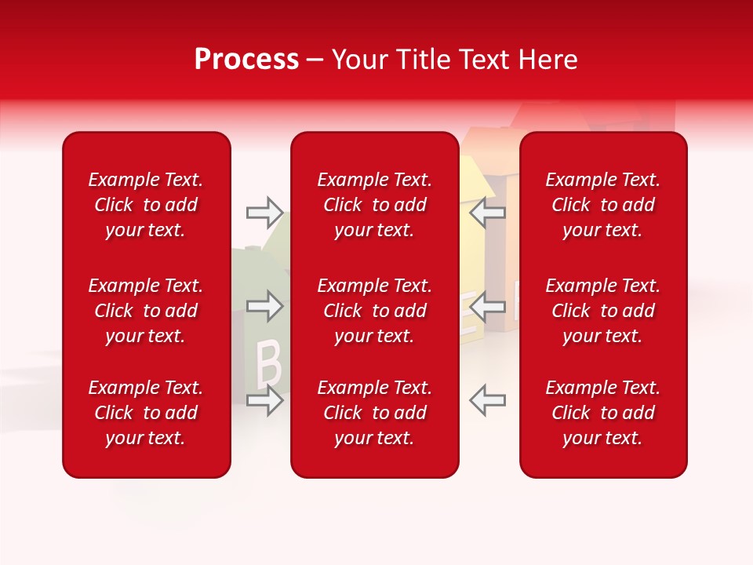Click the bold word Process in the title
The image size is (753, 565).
click(x=246, y=60)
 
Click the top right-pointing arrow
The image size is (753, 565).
click(x=264, y=211)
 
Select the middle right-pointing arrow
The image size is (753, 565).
click(x=264, y=305)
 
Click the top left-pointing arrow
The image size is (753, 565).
click(x=487, y=211)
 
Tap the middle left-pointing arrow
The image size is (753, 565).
click(x=487, y=305)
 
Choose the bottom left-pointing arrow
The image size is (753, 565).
click(x=487, y=399)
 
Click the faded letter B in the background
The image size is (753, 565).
click(x=269, y=362)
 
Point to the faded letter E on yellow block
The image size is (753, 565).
click(x=468, y=314)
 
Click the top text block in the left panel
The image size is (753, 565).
click(x=146, y=205)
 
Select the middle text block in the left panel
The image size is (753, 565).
click(x=146, y=311)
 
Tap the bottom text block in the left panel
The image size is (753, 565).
click(x=146, y=413)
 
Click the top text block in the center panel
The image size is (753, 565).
click(x=375, y=205)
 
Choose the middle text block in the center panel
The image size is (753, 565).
click(x=375, y=311)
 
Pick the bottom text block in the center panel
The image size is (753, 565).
click(x=375, y=413)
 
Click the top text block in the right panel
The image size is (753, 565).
click(x=603, y=205)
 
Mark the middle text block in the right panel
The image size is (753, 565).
click(x=603, y=311)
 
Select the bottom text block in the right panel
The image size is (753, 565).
click(x=603, y=413)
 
